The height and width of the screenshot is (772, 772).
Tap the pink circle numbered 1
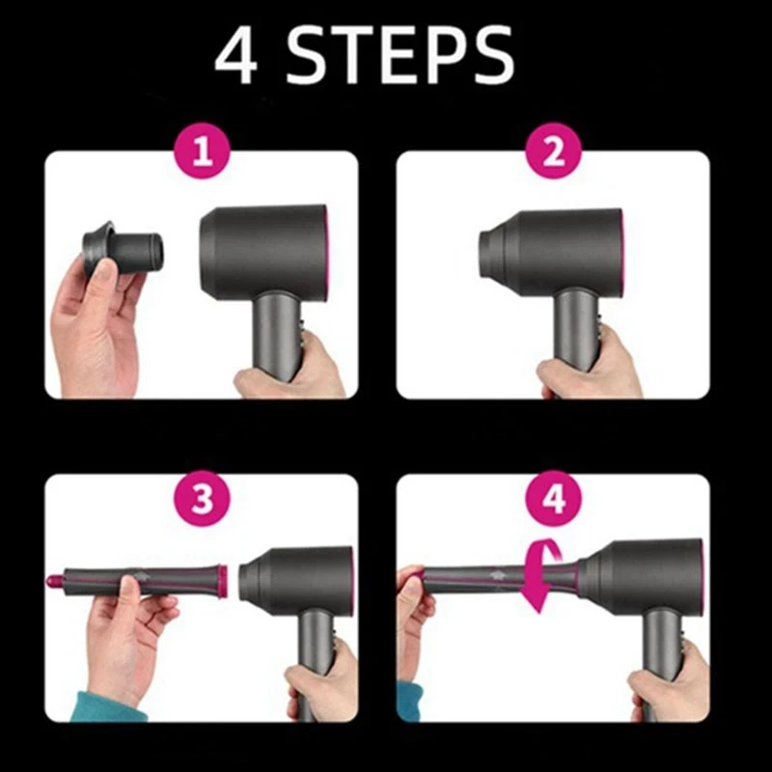202,153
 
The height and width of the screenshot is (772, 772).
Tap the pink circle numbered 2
553,153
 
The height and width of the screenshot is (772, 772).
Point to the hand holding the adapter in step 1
96,328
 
